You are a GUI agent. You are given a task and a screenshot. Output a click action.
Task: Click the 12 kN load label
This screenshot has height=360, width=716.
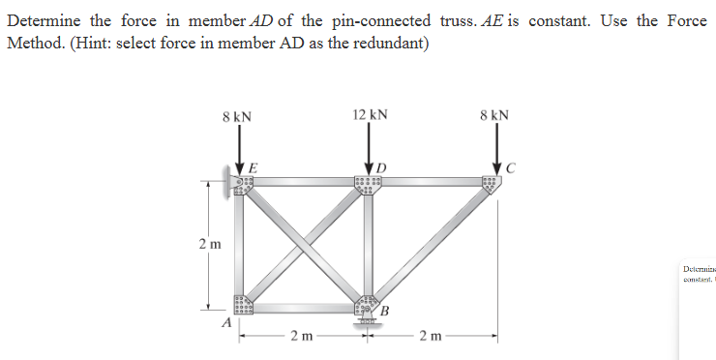371,114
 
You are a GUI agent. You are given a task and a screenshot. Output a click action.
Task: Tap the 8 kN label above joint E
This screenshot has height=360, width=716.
237,117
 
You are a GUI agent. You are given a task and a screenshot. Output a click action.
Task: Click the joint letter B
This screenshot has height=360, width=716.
384,311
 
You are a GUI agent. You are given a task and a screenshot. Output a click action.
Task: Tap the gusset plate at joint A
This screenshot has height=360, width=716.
242,305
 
